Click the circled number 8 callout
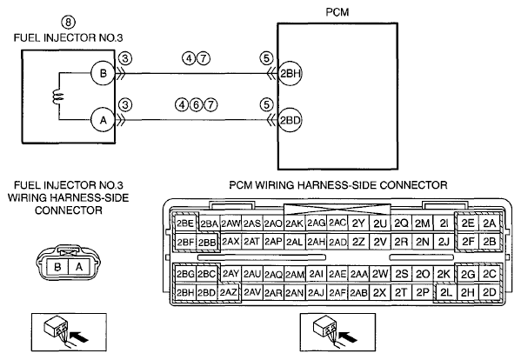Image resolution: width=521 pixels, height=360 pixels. [68, 23]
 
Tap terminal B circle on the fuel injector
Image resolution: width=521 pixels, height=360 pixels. [104, 73]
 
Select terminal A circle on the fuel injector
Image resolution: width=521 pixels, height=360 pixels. [104, 119]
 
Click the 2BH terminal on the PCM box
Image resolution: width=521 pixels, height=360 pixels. [290, 73]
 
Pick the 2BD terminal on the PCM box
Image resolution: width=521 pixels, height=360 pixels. [290, 120]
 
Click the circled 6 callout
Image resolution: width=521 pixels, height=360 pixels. [196, 105]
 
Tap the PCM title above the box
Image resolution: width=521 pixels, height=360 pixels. [337, 12]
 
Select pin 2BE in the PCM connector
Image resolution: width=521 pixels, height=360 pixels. [185, 223]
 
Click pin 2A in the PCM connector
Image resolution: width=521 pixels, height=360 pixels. [489, 223]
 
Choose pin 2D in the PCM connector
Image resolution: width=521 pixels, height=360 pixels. [489, 292]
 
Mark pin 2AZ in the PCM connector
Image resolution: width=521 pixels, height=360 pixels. [229, 292]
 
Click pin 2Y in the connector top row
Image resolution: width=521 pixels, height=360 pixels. [358, 223]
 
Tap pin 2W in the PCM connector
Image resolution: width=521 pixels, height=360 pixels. [380, 274]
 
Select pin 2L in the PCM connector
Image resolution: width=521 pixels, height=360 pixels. [445, 292]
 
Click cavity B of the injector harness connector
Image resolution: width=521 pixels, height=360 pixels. [57, 267]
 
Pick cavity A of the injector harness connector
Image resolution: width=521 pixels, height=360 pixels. [79, 267]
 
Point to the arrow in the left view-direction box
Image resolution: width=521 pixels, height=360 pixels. [79, 337]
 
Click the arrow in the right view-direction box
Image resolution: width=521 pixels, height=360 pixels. [348, 337]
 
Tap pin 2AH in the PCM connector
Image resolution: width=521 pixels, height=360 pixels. [316, 242]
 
